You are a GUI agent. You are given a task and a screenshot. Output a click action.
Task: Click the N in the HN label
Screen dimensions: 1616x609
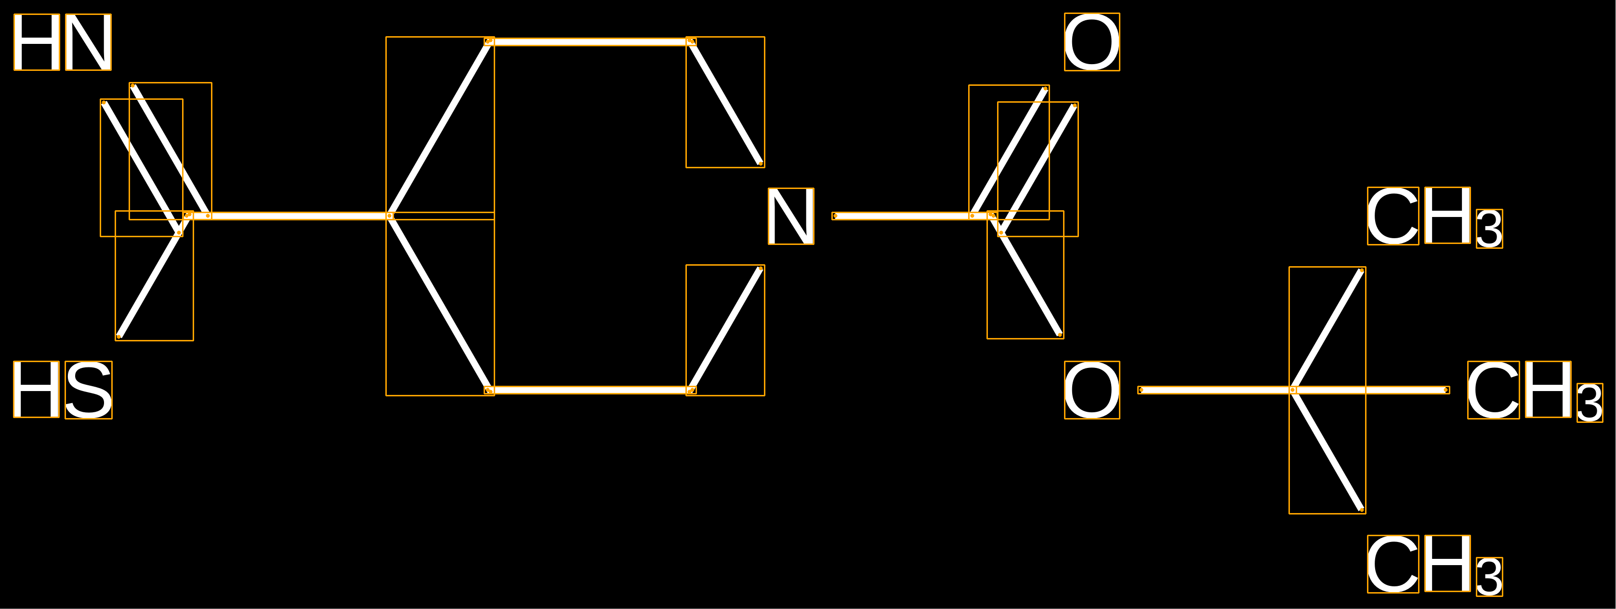tap(89, 42)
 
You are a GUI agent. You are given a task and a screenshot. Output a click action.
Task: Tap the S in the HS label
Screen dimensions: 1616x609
tap(89, 390)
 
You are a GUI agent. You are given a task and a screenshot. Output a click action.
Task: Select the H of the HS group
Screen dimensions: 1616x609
tap(37, 390)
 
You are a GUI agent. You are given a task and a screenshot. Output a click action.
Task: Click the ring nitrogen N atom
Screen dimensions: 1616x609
tap(791, 216)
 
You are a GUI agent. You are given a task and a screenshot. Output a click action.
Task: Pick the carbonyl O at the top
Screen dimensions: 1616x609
tap(1091, 42)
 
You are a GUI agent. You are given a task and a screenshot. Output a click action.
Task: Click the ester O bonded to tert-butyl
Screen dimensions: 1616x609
tap(1091, 390)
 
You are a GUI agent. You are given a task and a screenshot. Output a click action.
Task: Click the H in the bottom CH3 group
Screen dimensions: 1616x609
tap(1447, 563)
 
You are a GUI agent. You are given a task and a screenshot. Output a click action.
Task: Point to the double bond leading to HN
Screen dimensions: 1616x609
tap(156, 160)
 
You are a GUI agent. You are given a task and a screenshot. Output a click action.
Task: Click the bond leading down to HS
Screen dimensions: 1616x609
tap(154, 276)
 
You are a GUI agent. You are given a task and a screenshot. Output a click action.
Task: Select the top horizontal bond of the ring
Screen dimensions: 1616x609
tap(590, 42)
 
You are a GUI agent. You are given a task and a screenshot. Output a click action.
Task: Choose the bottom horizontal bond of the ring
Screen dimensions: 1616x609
tap(590, 390)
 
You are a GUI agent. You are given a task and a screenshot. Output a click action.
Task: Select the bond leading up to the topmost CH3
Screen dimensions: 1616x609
tap(1327, 330)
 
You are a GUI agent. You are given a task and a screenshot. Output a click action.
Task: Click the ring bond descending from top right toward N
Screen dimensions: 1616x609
tap(725, 102)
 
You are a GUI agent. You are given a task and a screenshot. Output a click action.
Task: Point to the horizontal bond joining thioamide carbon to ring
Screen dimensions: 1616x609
tap(288, 216)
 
